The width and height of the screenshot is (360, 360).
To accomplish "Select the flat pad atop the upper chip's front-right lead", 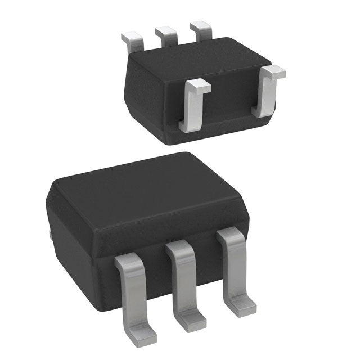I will (274, 72).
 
